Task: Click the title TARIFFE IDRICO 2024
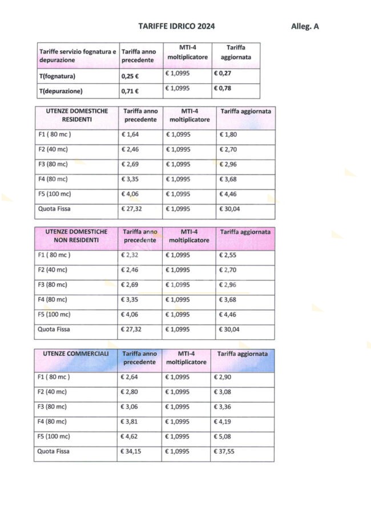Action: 177,26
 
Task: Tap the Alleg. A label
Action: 305,26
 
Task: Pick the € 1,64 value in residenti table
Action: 131,135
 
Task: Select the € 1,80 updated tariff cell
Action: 229,135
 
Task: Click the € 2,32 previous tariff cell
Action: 131,255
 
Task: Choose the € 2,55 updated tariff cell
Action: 229,255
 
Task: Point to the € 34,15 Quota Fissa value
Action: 132,452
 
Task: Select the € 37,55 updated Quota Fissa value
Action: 225,452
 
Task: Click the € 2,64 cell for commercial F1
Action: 131,377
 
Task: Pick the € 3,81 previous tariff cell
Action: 131,422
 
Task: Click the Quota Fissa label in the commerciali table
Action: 54,452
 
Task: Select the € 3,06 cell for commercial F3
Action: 131,407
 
